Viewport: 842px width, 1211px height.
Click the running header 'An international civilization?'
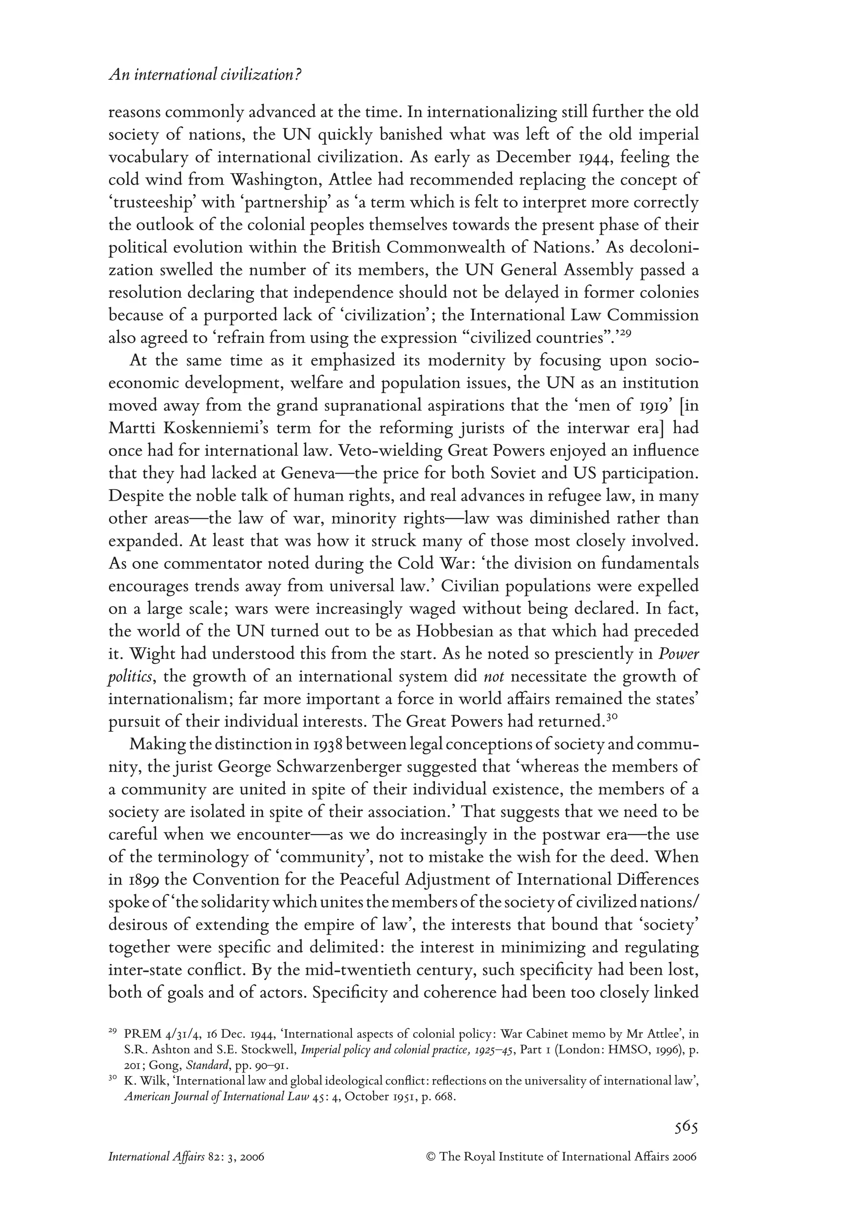tap(205, 75)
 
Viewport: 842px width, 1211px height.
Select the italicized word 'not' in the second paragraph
tap(493, 677)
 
